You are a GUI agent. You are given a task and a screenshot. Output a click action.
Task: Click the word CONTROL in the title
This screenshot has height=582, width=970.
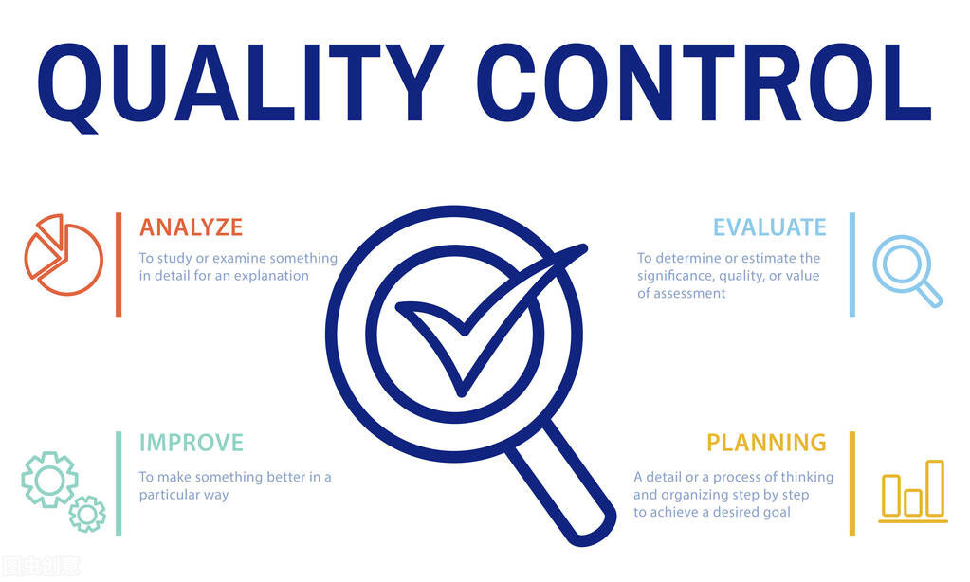703,82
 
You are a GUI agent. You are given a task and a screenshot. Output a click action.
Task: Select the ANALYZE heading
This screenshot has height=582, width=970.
191,227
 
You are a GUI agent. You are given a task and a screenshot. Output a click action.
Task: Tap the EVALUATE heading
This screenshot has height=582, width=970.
770,227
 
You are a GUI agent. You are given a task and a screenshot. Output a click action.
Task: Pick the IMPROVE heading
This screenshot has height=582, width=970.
192,443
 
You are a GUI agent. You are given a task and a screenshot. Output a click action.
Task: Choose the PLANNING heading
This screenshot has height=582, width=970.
766,443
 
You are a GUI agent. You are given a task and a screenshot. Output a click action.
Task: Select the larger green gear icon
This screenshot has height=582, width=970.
49,480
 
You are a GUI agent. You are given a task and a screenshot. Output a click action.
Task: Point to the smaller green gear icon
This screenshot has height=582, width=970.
87,514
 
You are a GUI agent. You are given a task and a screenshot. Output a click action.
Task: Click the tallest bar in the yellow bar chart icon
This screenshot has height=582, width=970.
934,488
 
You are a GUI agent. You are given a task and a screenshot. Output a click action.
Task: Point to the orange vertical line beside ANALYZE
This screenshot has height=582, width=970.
119,264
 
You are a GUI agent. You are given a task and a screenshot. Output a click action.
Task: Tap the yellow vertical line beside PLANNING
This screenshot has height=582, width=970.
851,483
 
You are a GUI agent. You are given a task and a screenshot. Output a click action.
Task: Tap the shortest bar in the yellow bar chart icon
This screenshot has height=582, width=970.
913,502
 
